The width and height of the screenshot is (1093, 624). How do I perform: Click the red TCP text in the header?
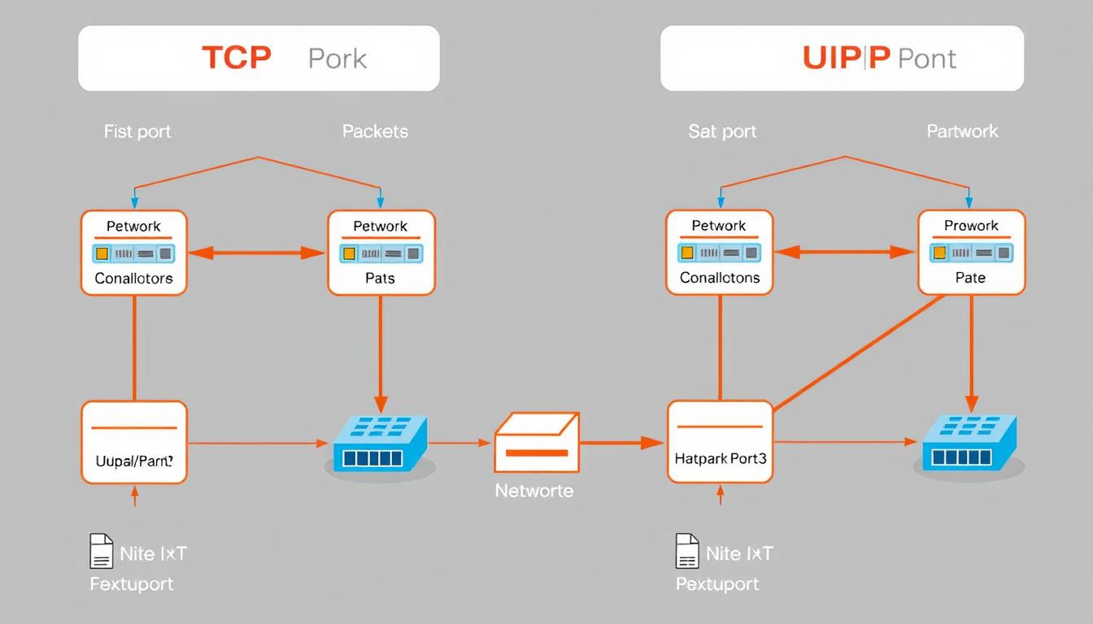tap(236, 58)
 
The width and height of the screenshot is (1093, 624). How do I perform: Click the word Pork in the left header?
tap(337, 58)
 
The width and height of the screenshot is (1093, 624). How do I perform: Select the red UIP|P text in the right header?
tap(847, 58)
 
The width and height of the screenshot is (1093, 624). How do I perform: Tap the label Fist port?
tap(137, 132)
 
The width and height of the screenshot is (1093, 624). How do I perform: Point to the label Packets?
tap(375, 132)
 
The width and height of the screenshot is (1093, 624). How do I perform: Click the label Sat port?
tap(722, 132)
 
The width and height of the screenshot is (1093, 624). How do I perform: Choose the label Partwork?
tap(962, 132)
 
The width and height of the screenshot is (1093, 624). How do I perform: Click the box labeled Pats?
tap(381, 253)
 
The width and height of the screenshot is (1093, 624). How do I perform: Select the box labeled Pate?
tap(971, 253)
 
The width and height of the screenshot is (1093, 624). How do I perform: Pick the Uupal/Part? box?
tap(134, 442)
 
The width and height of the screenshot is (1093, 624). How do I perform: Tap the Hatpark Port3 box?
tap(720, 442)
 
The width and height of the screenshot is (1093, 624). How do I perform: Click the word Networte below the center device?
tap(534, 491)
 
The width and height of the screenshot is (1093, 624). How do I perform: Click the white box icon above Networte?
tap(536, 442)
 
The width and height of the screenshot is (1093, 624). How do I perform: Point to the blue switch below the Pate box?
tap(969, 444)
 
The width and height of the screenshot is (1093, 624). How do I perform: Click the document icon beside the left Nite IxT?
tap(100, 552)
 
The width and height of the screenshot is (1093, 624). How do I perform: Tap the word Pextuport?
tap(717, 584)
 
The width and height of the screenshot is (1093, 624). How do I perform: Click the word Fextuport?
tap(131, 584)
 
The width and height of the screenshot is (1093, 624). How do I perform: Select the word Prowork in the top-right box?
tap(971, 225)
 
